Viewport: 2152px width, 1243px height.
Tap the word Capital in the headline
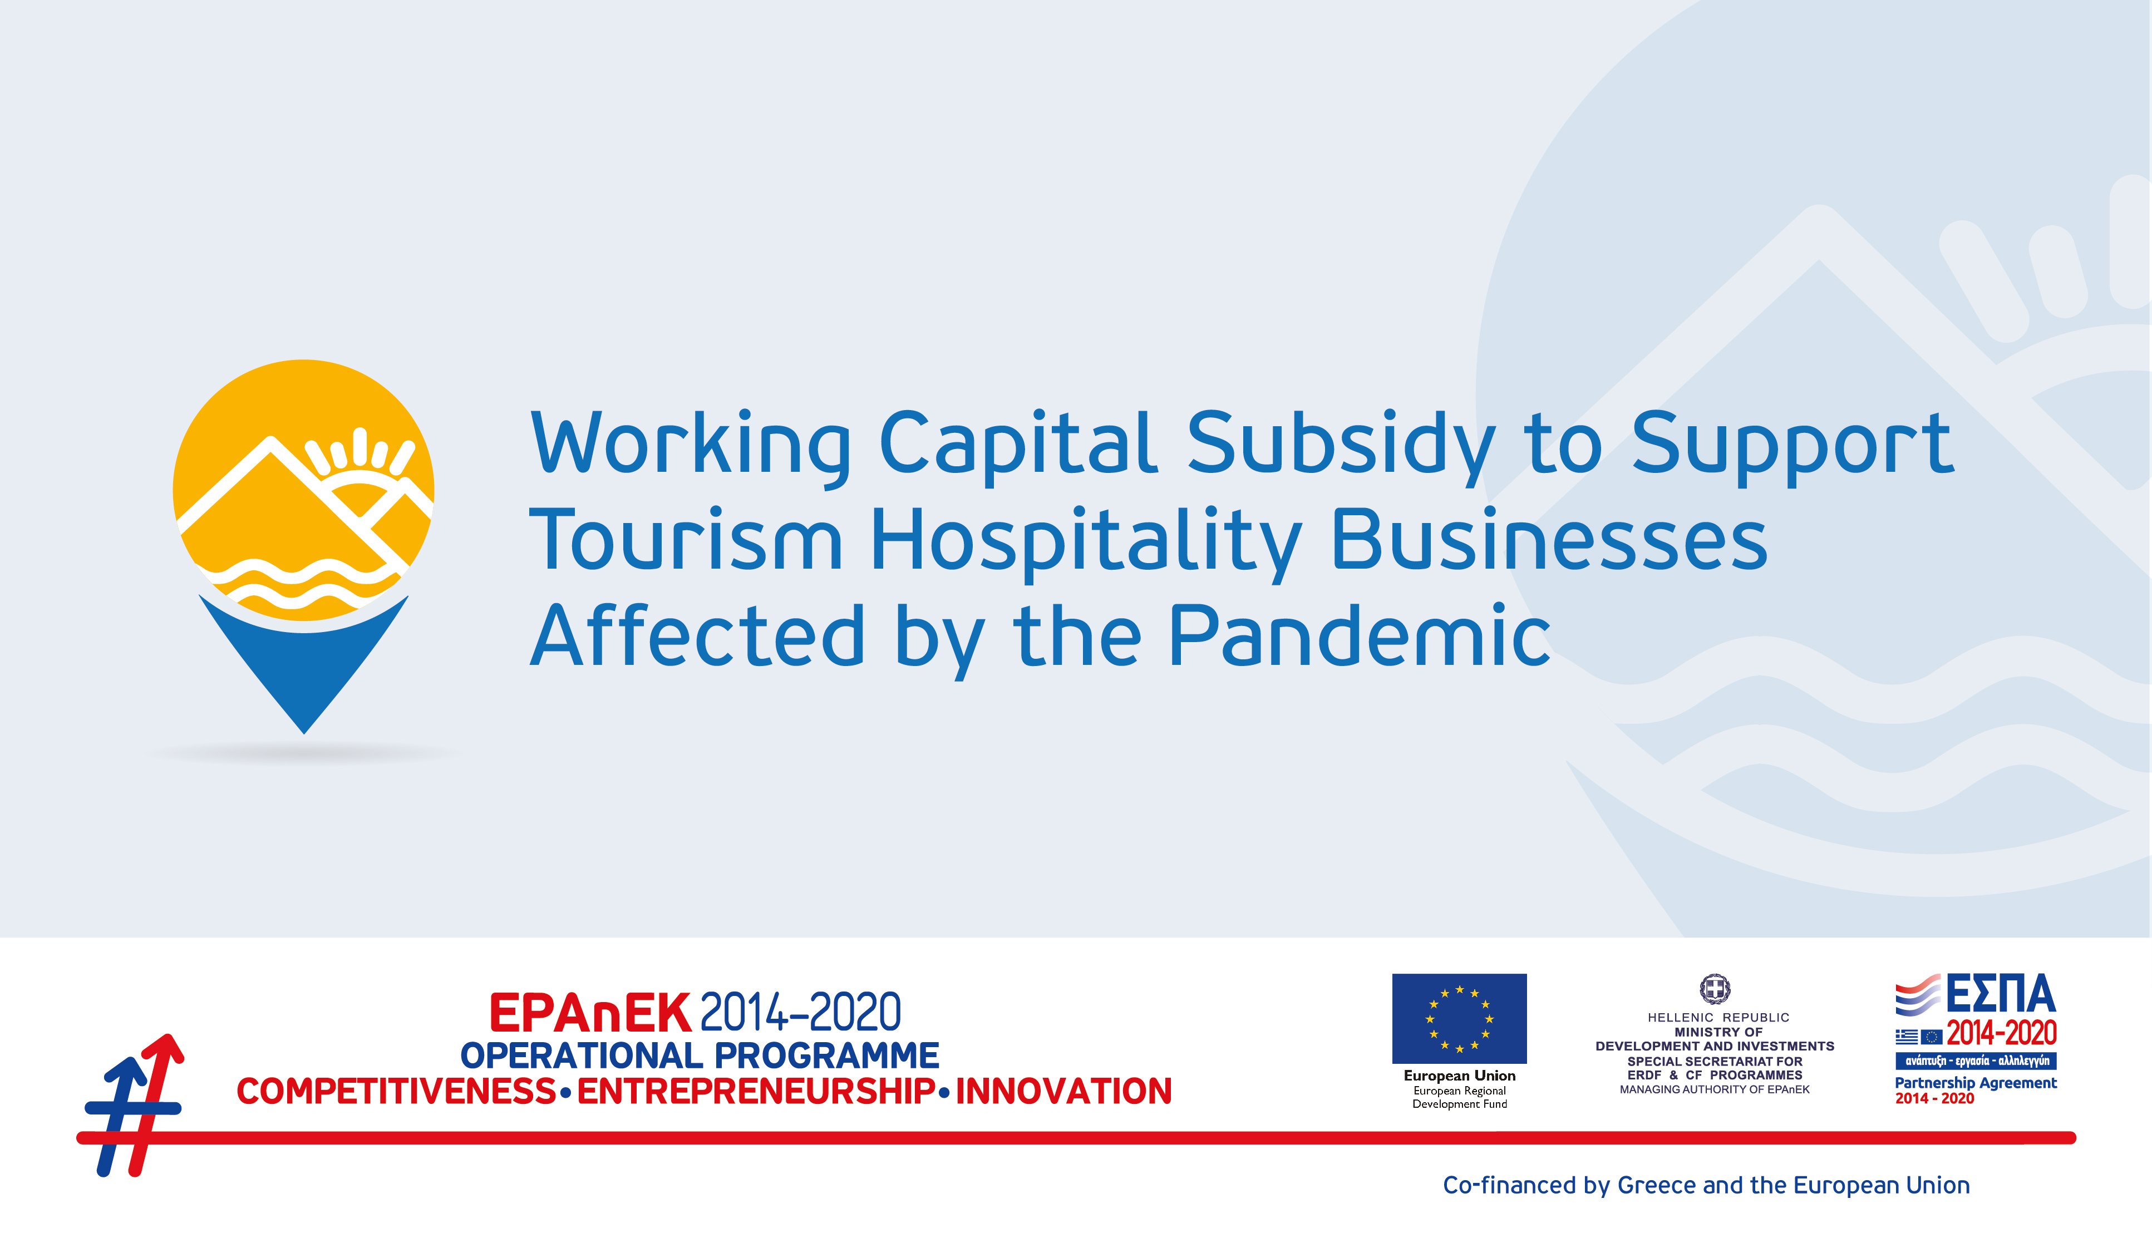tap(1018, 444)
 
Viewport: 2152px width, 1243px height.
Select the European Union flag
tap(1459, 1018)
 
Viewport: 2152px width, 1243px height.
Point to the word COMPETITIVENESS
tap(396, 1091)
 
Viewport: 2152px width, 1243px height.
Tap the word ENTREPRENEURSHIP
tap(756, 1091)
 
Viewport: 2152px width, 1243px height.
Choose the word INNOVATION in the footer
tap(1063, 1091)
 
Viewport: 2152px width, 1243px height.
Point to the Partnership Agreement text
tap(1975, 1083)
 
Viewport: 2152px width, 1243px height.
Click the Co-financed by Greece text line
tap(1706, 1185)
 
